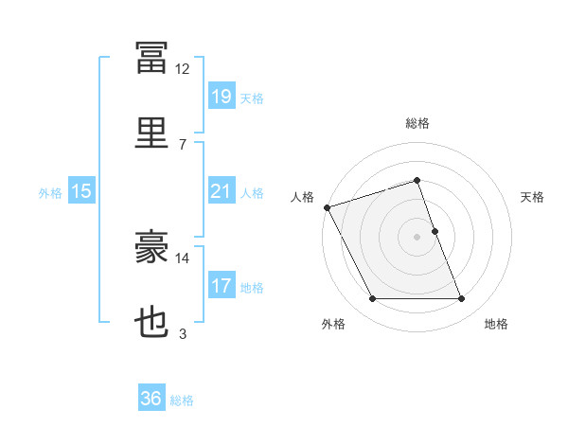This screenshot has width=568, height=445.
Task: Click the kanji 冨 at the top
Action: point(151,58)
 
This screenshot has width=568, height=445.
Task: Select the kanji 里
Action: point(151,133)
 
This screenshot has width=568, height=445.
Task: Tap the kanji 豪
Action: point(151,246)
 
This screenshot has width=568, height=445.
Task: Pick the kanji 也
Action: point(151,321)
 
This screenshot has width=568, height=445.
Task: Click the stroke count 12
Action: point(182,69)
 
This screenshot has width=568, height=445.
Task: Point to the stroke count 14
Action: point(182,258)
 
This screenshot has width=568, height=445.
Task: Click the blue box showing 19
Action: point(222,96)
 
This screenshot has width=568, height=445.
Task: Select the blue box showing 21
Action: point(222,190)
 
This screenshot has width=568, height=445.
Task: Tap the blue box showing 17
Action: point(222,284)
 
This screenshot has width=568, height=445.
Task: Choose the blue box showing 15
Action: point(81,190)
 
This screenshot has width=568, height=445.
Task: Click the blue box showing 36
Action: point(151,397)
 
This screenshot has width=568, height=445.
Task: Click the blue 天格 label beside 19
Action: point(252,98)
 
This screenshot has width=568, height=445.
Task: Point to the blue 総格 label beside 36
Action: point(182,400)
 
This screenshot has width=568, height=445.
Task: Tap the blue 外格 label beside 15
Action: point(50,193)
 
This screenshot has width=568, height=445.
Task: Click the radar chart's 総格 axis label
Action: point(417,123)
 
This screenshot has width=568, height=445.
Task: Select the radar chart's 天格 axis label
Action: point(532,197)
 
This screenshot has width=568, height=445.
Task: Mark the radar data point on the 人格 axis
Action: point(328,207)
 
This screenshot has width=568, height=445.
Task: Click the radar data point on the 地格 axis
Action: point(462,298)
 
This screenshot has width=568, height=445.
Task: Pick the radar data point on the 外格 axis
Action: point(372,298)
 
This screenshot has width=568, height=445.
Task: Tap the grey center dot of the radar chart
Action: point(417,237)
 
